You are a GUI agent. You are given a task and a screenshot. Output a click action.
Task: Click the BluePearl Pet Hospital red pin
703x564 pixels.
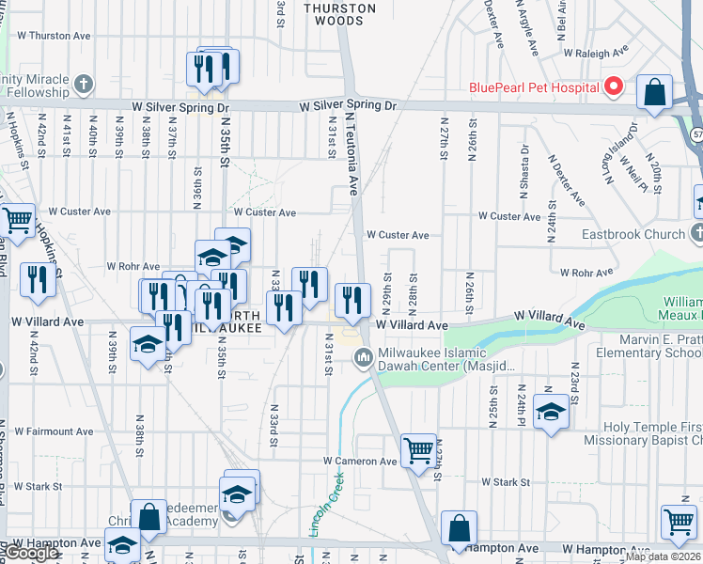[x=614, y=87]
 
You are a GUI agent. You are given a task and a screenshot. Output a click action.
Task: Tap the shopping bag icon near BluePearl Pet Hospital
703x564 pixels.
[x=654, y=93]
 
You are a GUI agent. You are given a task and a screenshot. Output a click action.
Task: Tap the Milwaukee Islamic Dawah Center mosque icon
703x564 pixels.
[x=364, y=358]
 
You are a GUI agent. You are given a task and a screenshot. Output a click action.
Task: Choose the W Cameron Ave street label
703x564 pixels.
[x=360, y=462]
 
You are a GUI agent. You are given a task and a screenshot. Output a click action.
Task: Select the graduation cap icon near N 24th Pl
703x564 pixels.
[x=551, y=411]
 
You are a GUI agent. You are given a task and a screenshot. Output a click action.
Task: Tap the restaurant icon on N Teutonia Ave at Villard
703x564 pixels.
[x=352, y=299]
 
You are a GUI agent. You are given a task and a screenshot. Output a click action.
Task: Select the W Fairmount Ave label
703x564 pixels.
[x=55, y=431]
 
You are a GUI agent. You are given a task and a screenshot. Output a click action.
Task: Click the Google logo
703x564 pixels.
[x=31, y=553]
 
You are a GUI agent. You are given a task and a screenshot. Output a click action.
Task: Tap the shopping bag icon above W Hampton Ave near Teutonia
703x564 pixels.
[x=459, y=528]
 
